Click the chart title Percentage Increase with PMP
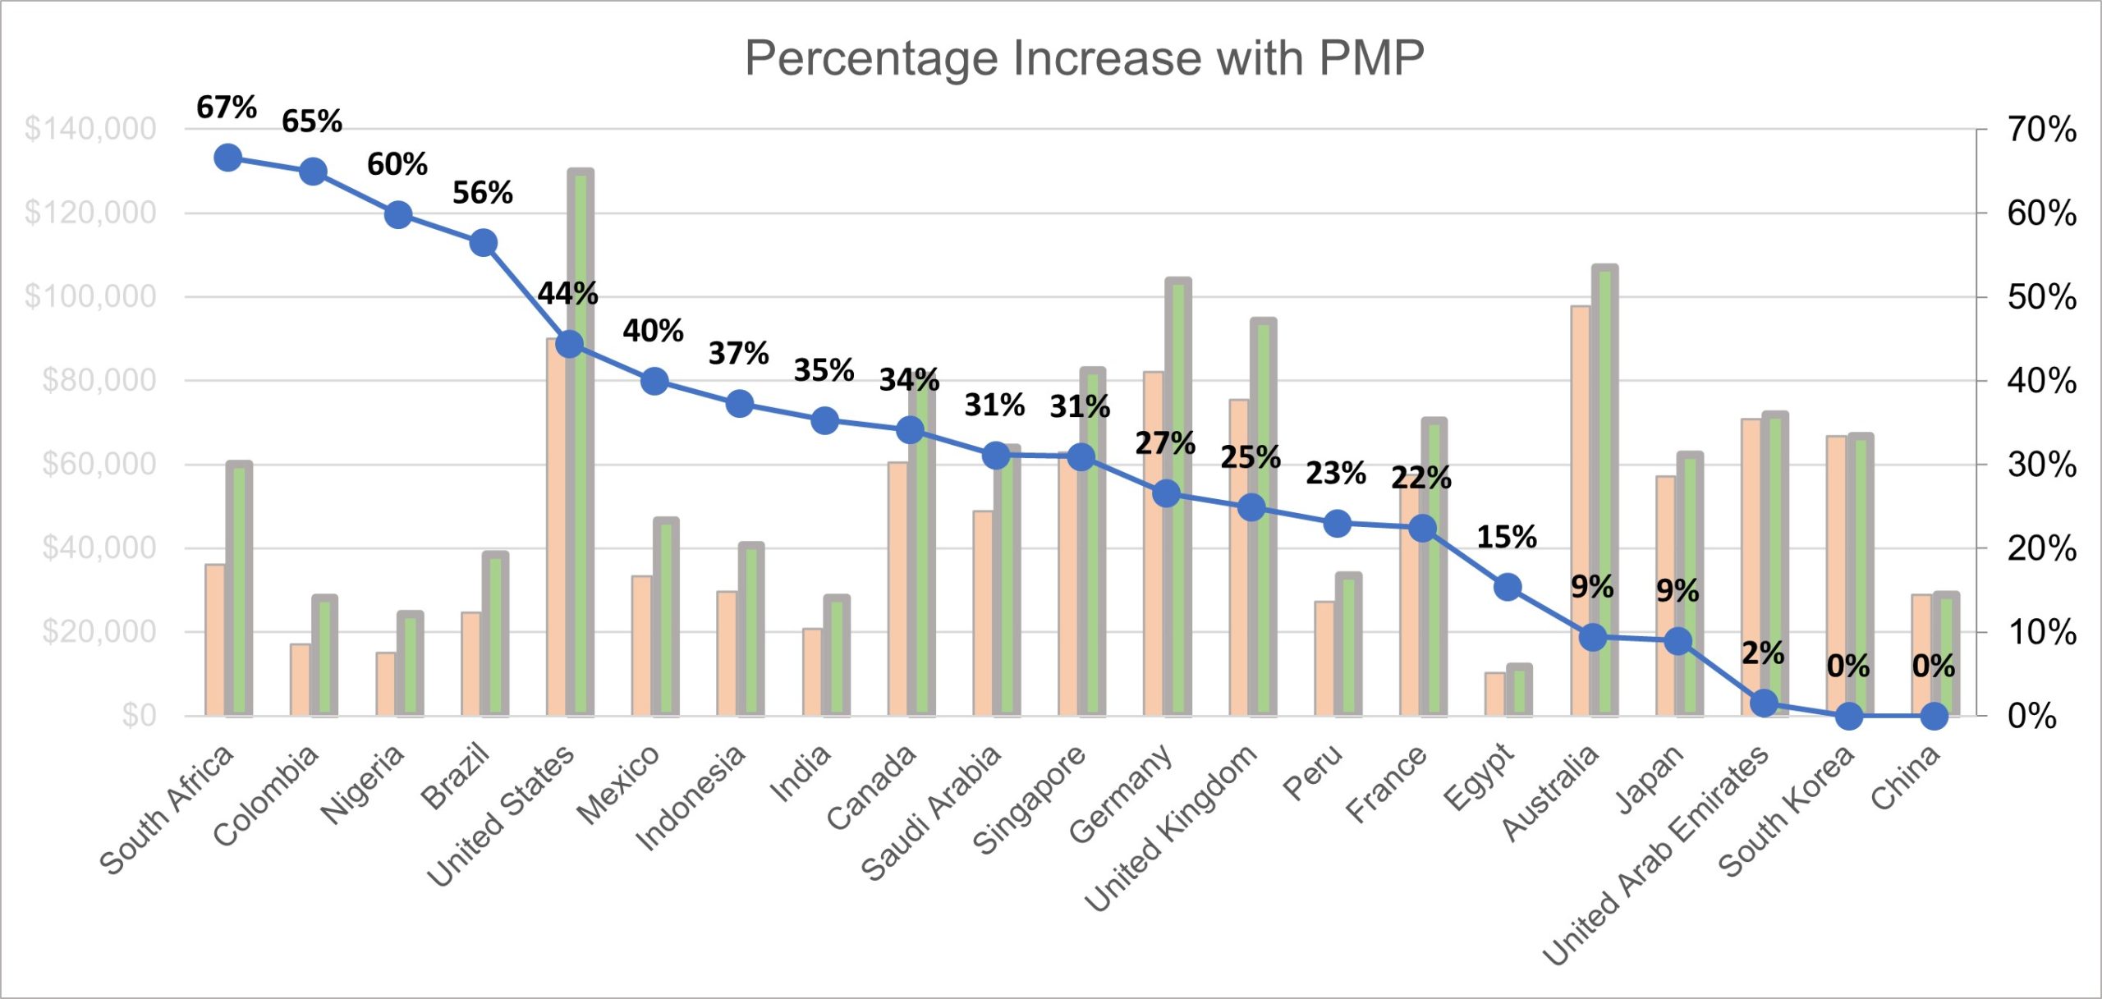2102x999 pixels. pyautogui.click(x=1084, y=58)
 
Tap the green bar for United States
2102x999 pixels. pyautogui.click(x=581, y=443)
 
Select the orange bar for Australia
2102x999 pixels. pyautogui.click(x=1580, y=509)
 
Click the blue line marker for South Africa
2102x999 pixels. pyautogui.click(x=227, y=158)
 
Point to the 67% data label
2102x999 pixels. pyautogui.click(x=226, y=108)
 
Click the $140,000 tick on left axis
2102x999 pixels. pyautogui.click(x=90, y=129)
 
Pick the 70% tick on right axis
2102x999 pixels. pyautogui.click(x=2041, y=130)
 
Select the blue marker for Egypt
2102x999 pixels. pyautogui.click(x=1508, y=587)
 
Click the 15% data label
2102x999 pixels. pyautogui.click(x=1506, y=538)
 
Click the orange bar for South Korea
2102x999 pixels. pyautogui.click(x=1836, y=575)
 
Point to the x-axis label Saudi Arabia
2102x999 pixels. pyautogui.click(x=932, y=813)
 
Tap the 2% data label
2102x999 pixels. pyautogui.click(x=1762, y=653)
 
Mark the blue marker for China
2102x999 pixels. pyautogui.click(x=1934, y=716)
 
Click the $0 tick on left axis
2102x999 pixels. pyautogui.click(x=139, y=716)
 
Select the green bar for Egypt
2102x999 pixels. pyautogui.click(x=1519, y=691)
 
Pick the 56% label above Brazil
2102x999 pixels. pyautogui.click(x=482, y=194)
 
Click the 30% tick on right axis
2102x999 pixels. pyautogui.click(x=2041, y=465)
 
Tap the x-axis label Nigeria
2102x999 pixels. pyautogui.click(x=363, y=784)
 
